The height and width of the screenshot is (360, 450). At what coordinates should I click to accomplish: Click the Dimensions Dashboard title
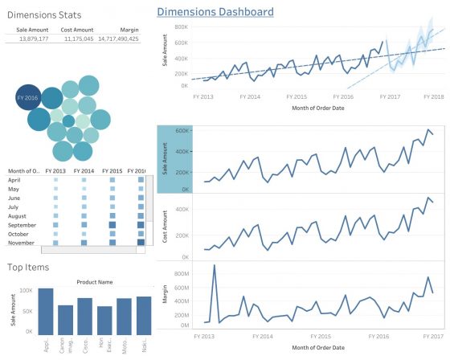[215, 12]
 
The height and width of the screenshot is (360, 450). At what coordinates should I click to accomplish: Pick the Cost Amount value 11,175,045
[78, 39]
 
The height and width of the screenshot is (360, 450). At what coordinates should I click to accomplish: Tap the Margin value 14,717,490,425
[117, 39]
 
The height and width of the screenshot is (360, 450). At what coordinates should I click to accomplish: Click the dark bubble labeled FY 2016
[27, 97]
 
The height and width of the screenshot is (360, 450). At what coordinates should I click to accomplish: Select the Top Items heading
[28, 267]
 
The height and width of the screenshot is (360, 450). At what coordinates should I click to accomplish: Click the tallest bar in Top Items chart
[45, 309]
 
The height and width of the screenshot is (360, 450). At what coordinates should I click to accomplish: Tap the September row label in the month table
[24, 225]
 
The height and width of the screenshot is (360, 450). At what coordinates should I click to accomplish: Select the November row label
[23, 242]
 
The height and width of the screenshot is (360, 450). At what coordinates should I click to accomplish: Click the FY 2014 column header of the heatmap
[83, 171]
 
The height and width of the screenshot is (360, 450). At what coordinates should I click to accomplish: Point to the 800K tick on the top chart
[181, 26]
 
